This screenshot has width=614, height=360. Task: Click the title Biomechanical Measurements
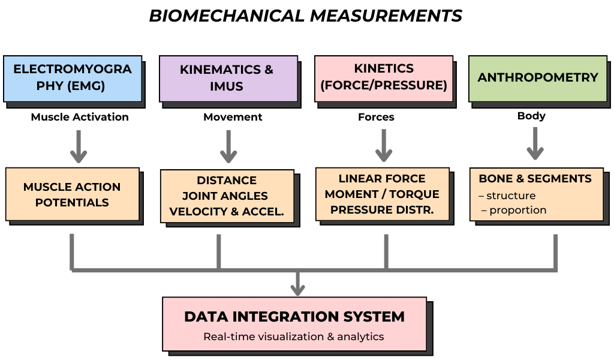[x=306, y=16]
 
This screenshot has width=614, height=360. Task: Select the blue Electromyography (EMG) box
[x=72, y=78]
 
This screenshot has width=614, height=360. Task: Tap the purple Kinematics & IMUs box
[x=228, y=78]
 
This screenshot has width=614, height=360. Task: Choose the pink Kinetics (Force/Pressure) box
[x=384, y=77]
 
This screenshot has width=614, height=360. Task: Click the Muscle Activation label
[x=80, y=117]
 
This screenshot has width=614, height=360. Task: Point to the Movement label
[x=233, y=117]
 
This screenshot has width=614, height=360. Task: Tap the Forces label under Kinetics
[x=376, y=117]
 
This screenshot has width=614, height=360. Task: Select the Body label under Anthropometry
[x=531, y=116]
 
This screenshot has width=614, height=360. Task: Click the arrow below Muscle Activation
[x=79, y=146]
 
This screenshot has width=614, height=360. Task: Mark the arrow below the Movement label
[x=228, y=146]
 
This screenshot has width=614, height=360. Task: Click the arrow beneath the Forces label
[x=384, y=145]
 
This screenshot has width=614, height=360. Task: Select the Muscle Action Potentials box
[x=72, y=194]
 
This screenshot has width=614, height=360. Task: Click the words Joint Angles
[x=225, y=196]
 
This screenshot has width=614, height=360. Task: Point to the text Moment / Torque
[x=382, y=194]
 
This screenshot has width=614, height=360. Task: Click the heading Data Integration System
[x=294, y=317]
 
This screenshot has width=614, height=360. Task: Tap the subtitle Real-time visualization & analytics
[x=294, y=337]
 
